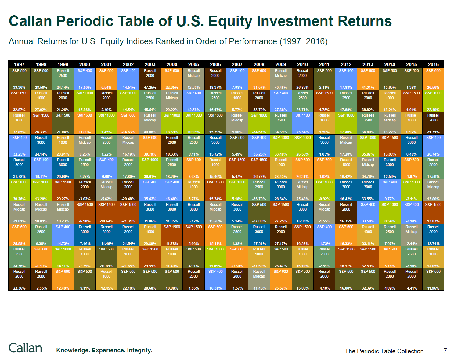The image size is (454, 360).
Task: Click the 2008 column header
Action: tap(259, 64)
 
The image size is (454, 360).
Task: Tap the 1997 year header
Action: tap(19, 64)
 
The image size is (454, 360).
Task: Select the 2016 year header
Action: tap(433, 64)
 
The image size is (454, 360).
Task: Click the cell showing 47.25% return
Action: tap(150, 79)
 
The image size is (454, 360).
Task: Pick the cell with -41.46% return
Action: tap(259, 279)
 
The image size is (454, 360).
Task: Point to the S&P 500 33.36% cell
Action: tap(19, 79)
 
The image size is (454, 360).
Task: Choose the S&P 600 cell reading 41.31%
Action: tap(368, 79)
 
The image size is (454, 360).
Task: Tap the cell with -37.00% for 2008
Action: tap(259, 213)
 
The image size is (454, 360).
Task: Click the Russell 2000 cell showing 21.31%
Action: tap(433, 123)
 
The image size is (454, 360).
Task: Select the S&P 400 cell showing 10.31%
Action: tap(215, 279)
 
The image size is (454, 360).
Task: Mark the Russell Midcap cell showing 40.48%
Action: tap(281, 79)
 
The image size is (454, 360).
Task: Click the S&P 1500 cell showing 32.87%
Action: tap(19, 101)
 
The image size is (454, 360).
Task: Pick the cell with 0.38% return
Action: tap(41, 235)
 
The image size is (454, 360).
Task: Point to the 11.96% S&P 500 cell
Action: tap(433, 279)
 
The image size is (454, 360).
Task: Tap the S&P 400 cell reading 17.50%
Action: tap(85, 79)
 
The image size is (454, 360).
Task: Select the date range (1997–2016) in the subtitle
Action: tap(304, 41)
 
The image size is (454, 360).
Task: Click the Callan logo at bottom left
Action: tap(26, 347)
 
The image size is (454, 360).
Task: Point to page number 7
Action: tap(445, 351)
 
